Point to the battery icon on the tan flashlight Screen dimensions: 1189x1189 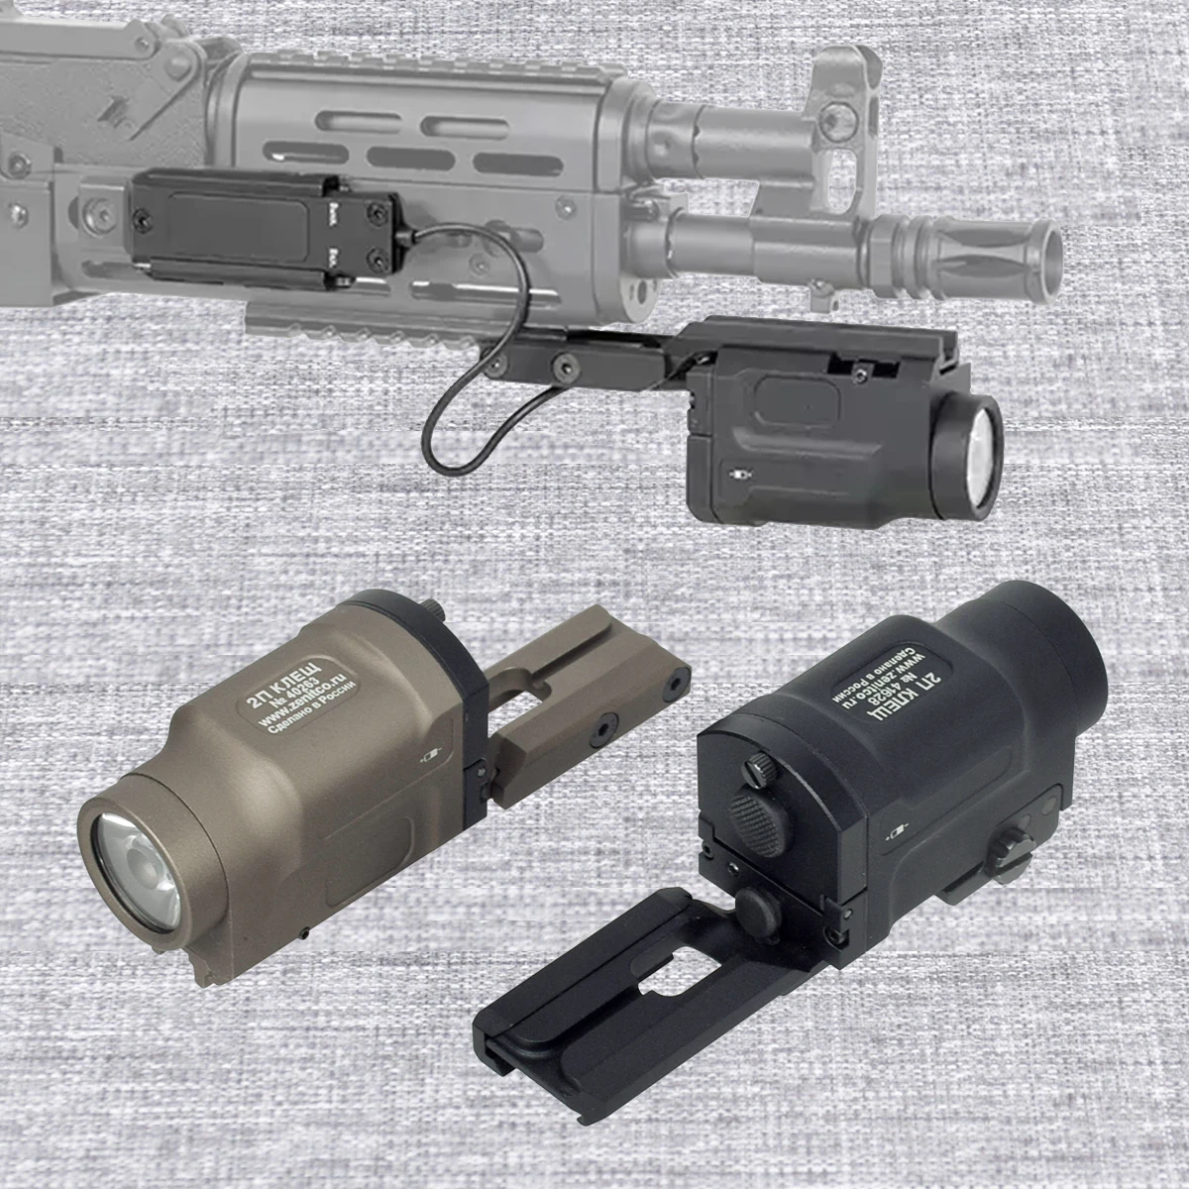click(x=431, y=756)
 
